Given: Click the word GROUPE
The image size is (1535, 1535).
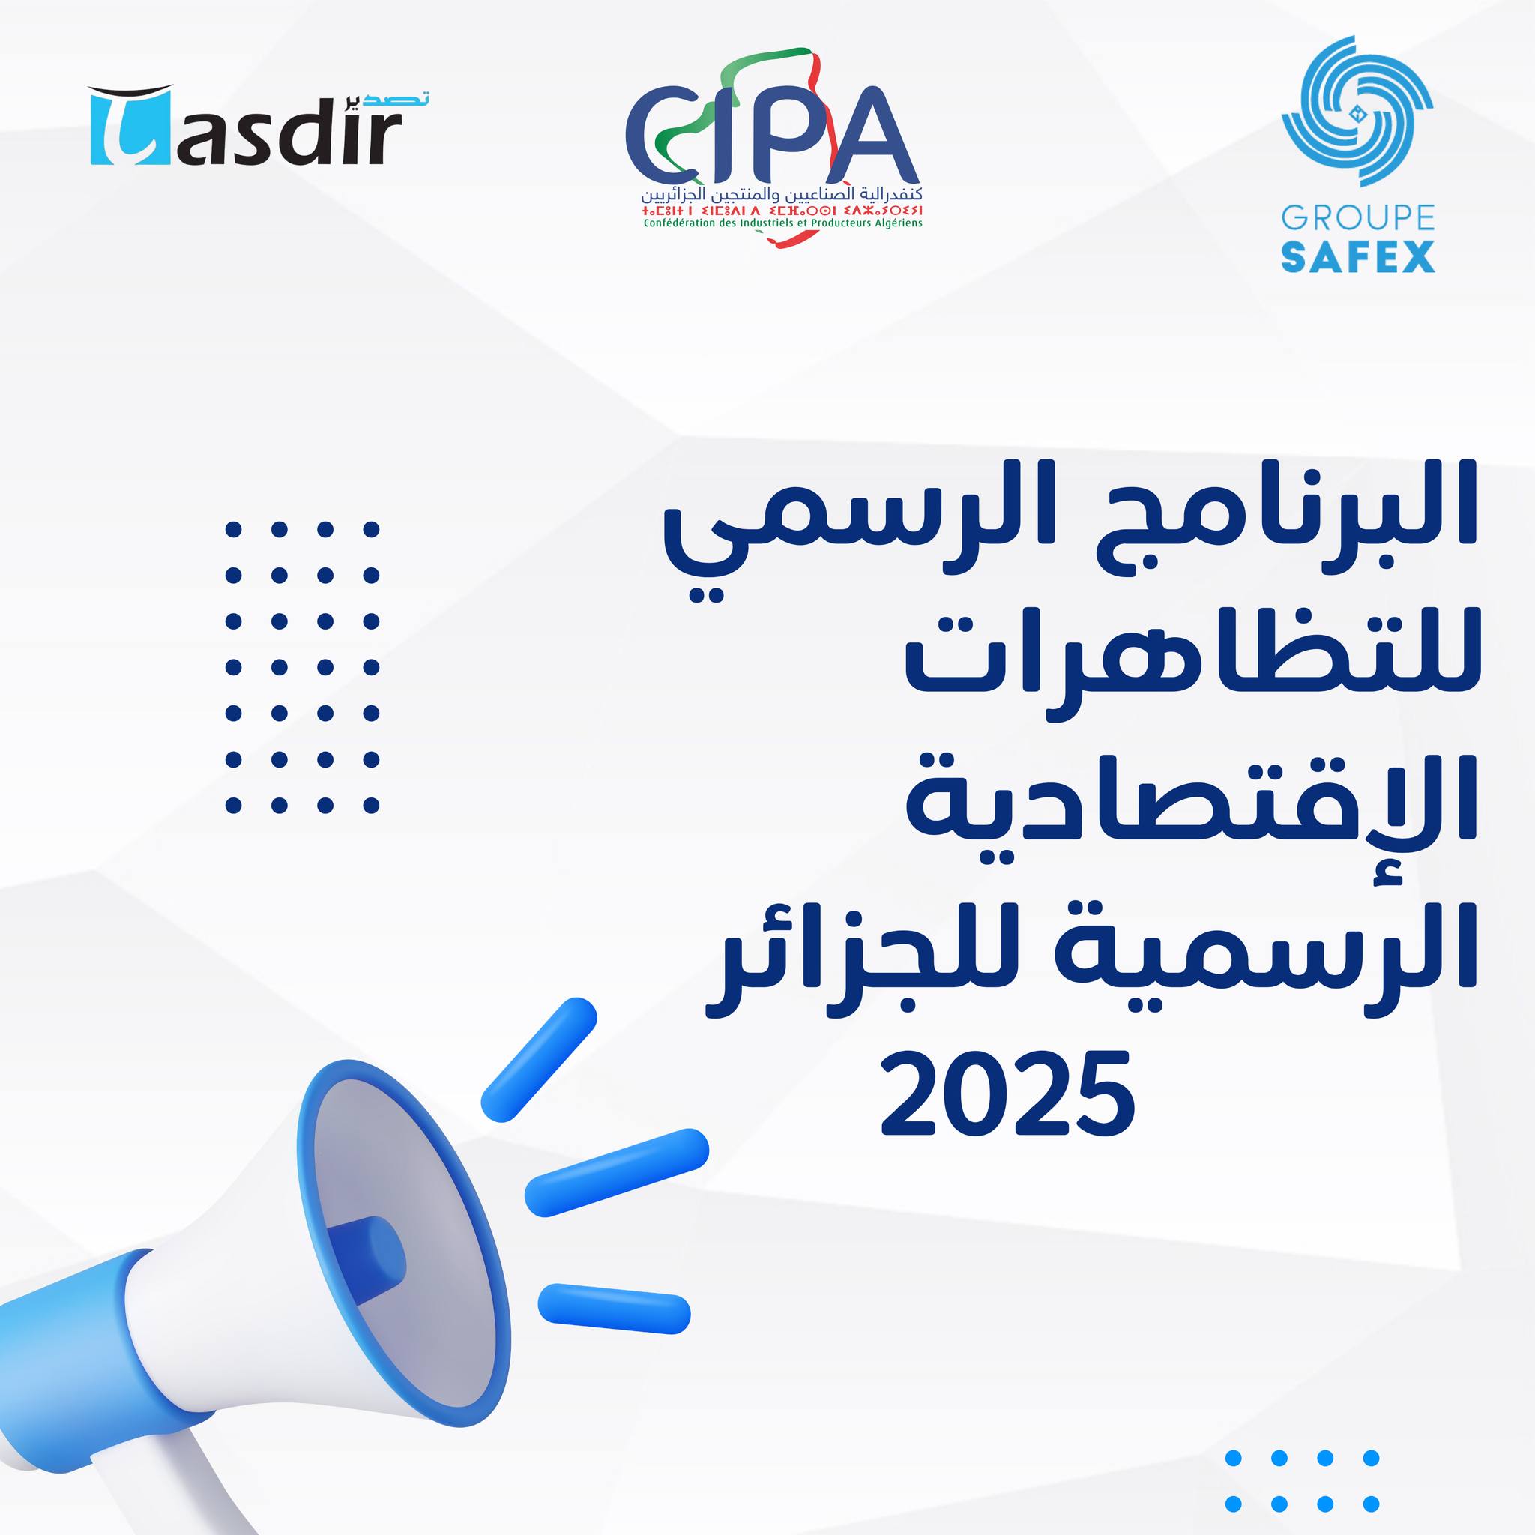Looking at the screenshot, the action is coord(1358,217).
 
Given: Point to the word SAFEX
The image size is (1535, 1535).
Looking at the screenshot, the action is coord(1358,256).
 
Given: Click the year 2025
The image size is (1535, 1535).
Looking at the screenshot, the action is coord(1007,1094).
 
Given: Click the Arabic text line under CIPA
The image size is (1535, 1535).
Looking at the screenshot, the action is coord(782,194).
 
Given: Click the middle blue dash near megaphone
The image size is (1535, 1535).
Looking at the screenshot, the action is coord(617,1173).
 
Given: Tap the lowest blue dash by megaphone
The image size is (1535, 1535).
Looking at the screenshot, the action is coord(614,1309).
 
